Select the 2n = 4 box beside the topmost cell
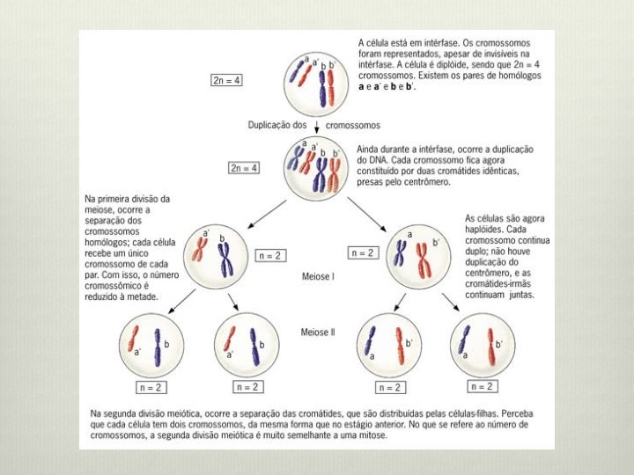(227, 80)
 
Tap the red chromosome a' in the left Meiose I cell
(196, 255)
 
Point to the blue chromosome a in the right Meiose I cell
(401, 252)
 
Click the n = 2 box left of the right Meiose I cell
(361, 252)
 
